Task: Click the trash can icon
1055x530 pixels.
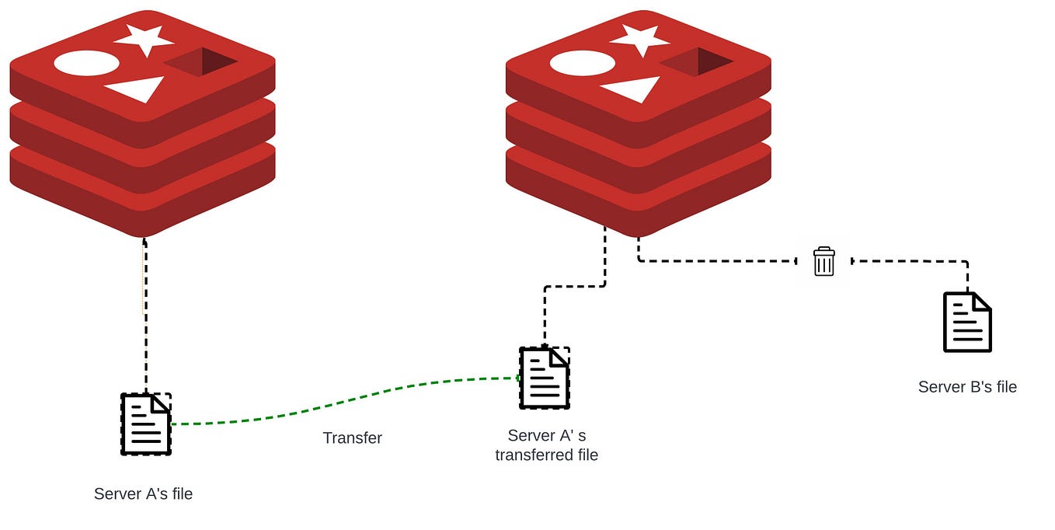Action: [823, 261]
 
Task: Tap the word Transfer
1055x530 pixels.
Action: [353, 438]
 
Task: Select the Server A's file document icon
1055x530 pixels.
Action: [146, 424]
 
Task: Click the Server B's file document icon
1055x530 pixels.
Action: [967, 322]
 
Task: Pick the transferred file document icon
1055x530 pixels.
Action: [545, 378]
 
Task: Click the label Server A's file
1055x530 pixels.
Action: [143, 493]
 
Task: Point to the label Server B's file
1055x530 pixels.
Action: [967, 386]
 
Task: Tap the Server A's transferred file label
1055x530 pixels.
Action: [546, 445]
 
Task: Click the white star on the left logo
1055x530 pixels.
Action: [144, 39]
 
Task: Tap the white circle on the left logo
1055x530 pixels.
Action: [86, 63]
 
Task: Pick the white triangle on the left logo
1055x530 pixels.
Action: [138, 88]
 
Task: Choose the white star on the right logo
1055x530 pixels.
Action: [640, 39]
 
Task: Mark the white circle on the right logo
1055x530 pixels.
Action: [582, 63]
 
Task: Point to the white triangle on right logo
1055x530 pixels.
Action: [634, 88]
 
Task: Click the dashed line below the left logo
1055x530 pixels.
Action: [145, 311]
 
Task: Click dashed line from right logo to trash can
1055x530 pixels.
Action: [715, 260]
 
